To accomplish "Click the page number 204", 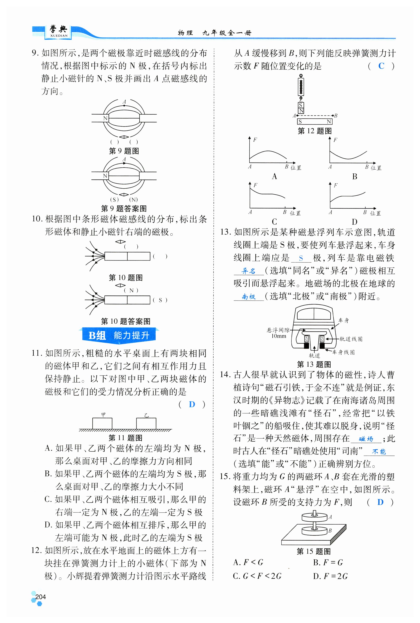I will pos(40,596).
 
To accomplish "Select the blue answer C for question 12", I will pos(381,66).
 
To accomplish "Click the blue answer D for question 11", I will pos(192,404).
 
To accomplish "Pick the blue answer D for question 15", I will pos(380,502).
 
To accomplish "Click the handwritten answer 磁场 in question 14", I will pos(366,439).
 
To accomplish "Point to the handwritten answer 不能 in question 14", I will pos(379,452).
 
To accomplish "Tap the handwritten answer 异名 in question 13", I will pos(248,271).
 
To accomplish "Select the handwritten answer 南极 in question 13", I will pos(249,297).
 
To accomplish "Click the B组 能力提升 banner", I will pos(119,335).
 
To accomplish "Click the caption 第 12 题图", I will pos(315,131).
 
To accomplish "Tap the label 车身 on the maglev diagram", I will pos(343,320).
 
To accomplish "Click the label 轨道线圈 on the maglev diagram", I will pos(351,339).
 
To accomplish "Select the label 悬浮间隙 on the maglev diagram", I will pos(278,330).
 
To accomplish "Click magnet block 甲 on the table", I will pos(102,424).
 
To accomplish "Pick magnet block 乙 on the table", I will pos(146,424).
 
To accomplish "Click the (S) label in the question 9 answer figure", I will pos(114,199).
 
